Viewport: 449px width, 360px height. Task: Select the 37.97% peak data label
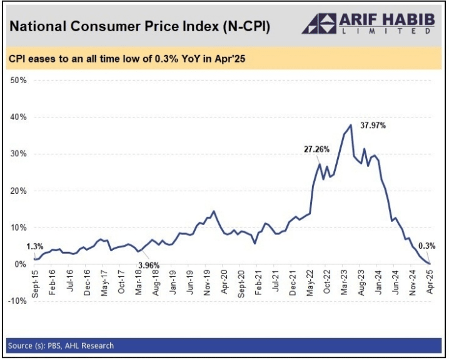tap(373, 126)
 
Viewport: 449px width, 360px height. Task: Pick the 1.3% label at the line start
tap(35, 246)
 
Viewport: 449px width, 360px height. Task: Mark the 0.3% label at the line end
tap(428, 246)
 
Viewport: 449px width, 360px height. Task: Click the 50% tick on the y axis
tap(19, 81)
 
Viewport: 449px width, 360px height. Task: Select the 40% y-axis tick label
tap(19, 117)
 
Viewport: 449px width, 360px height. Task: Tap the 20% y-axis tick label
tap(19, 191)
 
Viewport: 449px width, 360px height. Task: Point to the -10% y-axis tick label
tap(18, 301)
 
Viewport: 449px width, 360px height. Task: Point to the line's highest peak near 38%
tap(351, 125)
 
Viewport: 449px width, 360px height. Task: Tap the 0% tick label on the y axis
tap(21, 264)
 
